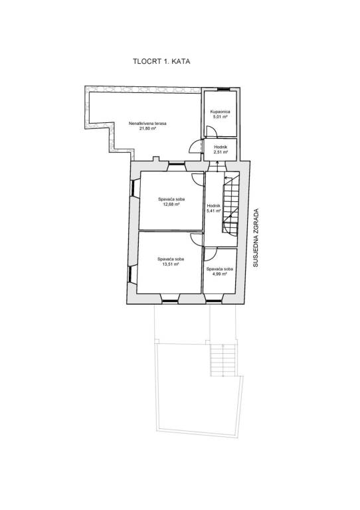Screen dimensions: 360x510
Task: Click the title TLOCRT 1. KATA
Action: tap(161, 61)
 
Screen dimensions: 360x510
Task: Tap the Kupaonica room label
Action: tap(220, 112)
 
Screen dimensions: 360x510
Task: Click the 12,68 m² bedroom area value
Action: tap(171, 205)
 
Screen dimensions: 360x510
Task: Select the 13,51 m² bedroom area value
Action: tap(171, 264)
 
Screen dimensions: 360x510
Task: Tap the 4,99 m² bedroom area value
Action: tap(220, 274)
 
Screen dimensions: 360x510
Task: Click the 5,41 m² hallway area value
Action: tap(214, 211)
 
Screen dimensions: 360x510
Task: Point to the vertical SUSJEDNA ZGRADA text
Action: tap(256, 238)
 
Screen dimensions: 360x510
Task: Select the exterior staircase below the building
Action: tap(223, 360)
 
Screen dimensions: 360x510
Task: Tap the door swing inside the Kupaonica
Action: tap(212, 131)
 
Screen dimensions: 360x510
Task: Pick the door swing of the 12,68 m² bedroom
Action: tap(198, 179)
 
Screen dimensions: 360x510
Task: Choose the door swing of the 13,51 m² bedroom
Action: tap(197, 239)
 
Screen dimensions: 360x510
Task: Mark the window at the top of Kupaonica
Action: tap(223, 89)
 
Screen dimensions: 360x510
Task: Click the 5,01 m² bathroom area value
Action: tap(220, 116)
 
